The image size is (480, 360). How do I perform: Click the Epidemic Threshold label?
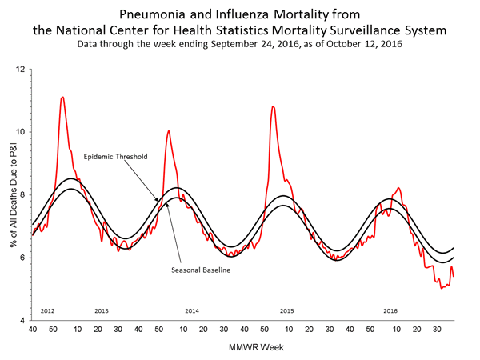click(x=115, y=157)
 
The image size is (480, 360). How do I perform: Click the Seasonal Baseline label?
click(x=201, y=270)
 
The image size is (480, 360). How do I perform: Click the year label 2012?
click(x=46, y=310)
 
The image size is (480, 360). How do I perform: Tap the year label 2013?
click(x=102, y=310)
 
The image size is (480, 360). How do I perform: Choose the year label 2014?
click(x=192, y=310)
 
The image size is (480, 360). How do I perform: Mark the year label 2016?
click(x=390, y=310)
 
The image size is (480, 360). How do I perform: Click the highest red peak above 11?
click(x=62, y=97)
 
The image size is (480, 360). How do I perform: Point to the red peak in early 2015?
click(x=273, y=106)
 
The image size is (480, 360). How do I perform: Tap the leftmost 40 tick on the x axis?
click(x=32, y=329)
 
